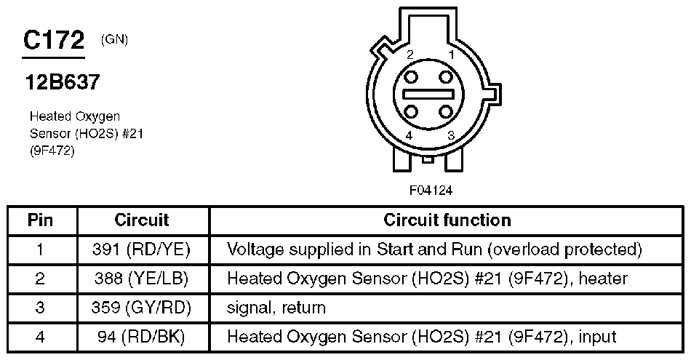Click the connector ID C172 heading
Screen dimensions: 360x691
(54, 41)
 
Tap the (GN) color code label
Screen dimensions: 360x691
(116, 39)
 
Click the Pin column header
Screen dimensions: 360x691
(41, 220)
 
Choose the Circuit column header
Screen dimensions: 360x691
(142, 220)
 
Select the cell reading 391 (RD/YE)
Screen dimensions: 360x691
(142, 249)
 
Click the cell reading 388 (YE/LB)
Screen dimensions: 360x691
(142, 279)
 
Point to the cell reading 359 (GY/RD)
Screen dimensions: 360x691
(142, 308)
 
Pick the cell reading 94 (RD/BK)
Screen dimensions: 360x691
(142, 337)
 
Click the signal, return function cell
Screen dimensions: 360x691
(276, 308)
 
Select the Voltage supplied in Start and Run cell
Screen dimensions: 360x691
(434, 249)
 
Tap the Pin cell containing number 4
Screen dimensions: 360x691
(41, 337)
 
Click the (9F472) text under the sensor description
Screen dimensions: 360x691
(52, 151)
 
